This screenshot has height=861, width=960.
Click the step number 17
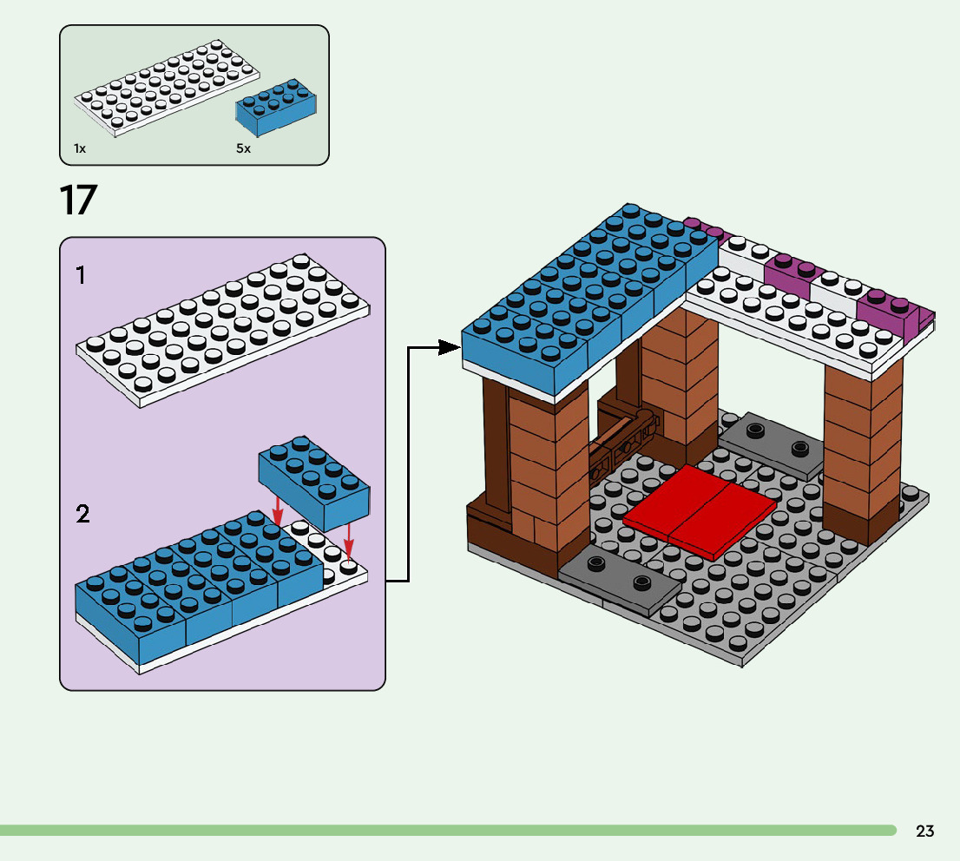[x=78, y=200]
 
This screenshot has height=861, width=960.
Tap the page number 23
[x=925, y=831]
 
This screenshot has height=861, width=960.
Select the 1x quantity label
[x=80, y=148]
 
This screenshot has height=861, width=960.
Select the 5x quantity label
[x=243, y=148]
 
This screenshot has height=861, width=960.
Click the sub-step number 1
[x=81, y=276]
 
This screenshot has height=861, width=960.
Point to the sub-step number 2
[x=82, y=515]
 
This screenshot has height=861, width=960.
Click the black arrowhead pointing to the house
[x=449, y=347]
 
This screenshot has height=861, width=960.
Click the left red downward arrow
[x=278, y=513]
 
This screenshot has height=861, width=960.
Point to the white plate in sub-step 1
[x=221, y=330]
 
